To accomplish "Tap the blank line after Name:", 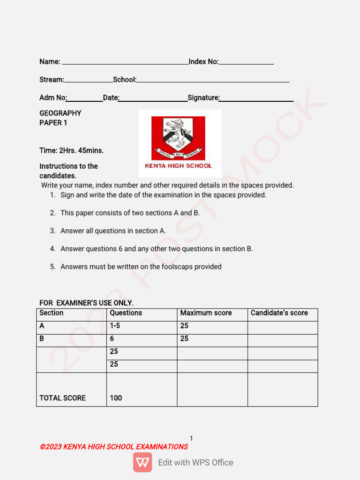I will (125, 63).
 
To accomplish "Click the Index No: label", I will (203, 62).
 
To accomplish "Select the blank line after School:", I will (213, 81).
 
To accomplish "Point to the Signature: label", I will (203, 97).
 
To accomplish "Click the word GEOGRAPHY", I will (60, 113).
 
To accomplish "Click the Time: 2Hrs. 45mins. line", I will (71, 150).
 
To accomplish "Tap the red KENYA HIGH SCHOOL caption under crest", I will (178, 165).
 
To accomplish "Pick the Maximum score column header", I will (206, 313).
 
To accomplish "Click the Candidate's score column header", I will (279, 313).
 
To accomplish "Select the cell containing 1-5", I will (115, 326).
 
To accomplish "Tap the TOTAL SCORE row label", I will (62, 398).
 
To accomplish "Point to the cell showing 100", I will (116, 398).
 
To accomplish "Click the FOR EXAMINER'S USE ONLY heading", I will (86, 303).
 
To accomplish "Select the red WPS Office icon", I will (142, 462).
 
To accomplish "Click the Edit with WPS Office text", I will (195, 463).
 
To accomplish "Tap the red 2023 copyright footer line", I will (114, 447).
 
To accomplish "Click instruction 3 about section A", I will (113, 231).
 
